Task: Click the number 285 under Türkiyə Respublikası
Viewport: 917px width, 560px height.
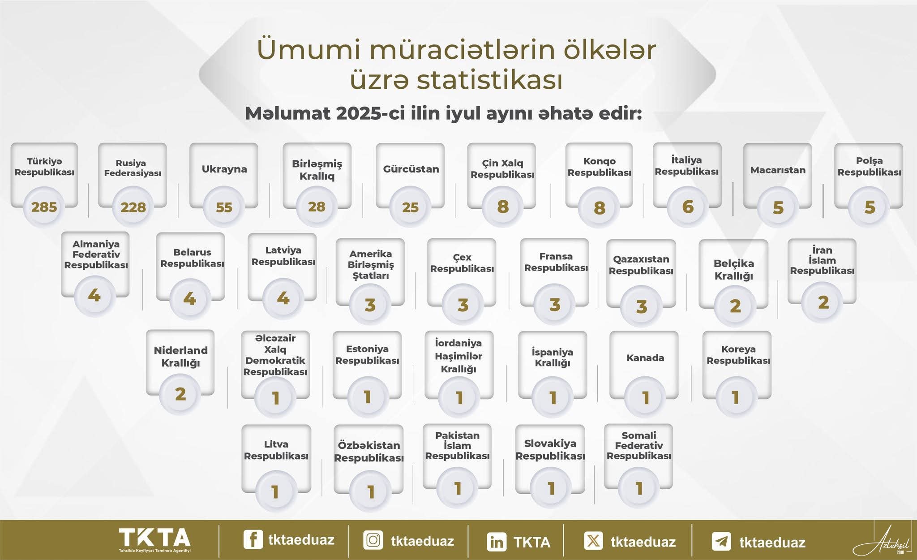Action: [44, 207]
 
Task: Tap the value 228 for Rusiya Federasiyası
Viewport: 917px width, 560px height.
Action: [133, 207]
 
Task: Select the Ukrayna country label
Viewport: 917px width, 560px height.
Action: [224, 169]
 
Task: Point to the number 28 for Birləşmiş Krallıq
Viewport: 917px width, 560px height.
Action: [317, 207]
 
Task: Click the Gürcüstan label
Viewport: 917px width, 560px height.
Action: [411, 169]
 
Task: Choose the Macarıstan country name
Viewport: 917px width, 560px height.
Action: [778, 170]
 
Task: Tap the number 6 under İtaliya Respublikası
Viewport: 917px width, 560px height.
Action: [688, 207]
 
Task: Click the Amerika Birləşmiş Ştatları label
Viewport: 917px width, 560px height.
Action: [371, 265]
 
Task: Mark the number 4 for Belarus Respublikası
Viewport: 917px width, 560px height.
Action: [189, 298]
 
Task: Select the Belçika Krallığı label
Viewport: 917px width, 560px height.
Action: [733, 270]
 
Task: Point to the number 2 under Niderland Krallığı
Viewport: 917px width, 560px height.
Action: [180, 394]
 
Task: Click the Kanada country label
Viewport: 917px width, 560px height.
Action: [645, 358]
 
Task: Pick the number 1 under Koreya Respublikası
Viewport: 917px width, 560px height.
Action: [735, 397]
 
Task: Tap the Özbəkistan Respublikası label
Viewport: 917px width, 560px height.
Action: [369, 452]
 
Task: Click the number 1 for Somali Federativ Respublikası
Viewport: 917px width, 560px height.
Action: [639, 488]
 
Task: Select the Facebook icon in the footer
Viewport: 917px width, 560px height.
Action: [253, 539]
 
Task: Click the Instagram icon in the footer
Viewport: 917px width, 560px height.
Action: [373, 540]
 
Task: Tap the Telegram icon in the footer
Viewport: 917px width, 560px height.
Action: [721, 541]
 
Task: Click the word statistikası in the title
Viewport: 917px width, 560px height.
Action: [490, 81]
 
